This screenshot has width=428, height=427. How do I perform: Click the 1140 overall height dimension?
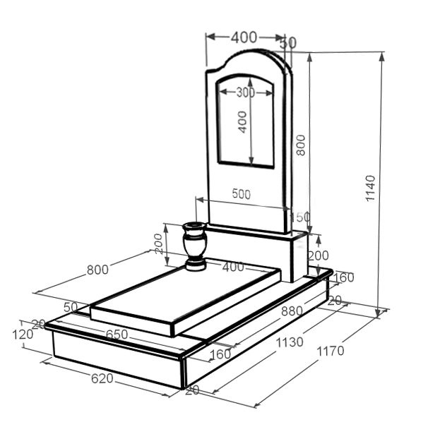[370, 188]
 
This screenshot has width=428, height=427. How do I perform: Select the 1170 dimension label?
[330, 351]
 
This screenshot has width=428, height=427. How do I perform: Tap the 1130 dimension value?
[290, 342]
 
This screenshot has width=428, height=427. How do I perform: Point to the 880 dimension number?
[292, 311]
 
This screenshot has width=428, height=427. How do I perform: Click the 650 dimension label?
[117, 335]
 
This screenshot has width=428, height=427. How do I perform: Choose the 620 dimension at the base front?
[102, 378]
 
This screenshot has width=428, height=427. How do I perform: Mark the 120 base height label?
[23, 335]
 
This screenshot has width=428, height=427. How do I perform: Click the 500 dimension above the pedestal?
[242, 194]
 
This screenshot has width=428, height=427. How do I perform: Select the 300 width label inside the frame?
[245, 92]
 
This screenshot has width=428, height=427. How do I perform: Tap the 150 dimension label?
[299, 217]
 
